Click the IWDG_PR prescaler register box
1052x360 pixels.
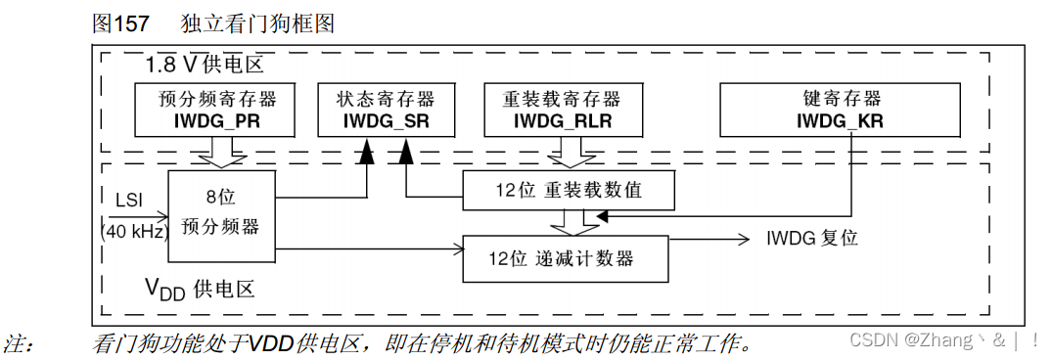(216, 110)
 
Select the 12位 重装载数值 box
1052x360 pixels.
(568, 190)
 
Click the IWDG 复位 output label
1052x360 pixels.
(811, 239)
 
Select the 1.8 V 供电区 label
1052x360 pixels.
(205, 67)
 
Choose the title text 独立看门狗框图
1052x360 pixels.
(257, 23)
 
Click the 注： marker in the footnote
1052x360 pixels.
(21, 342)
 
